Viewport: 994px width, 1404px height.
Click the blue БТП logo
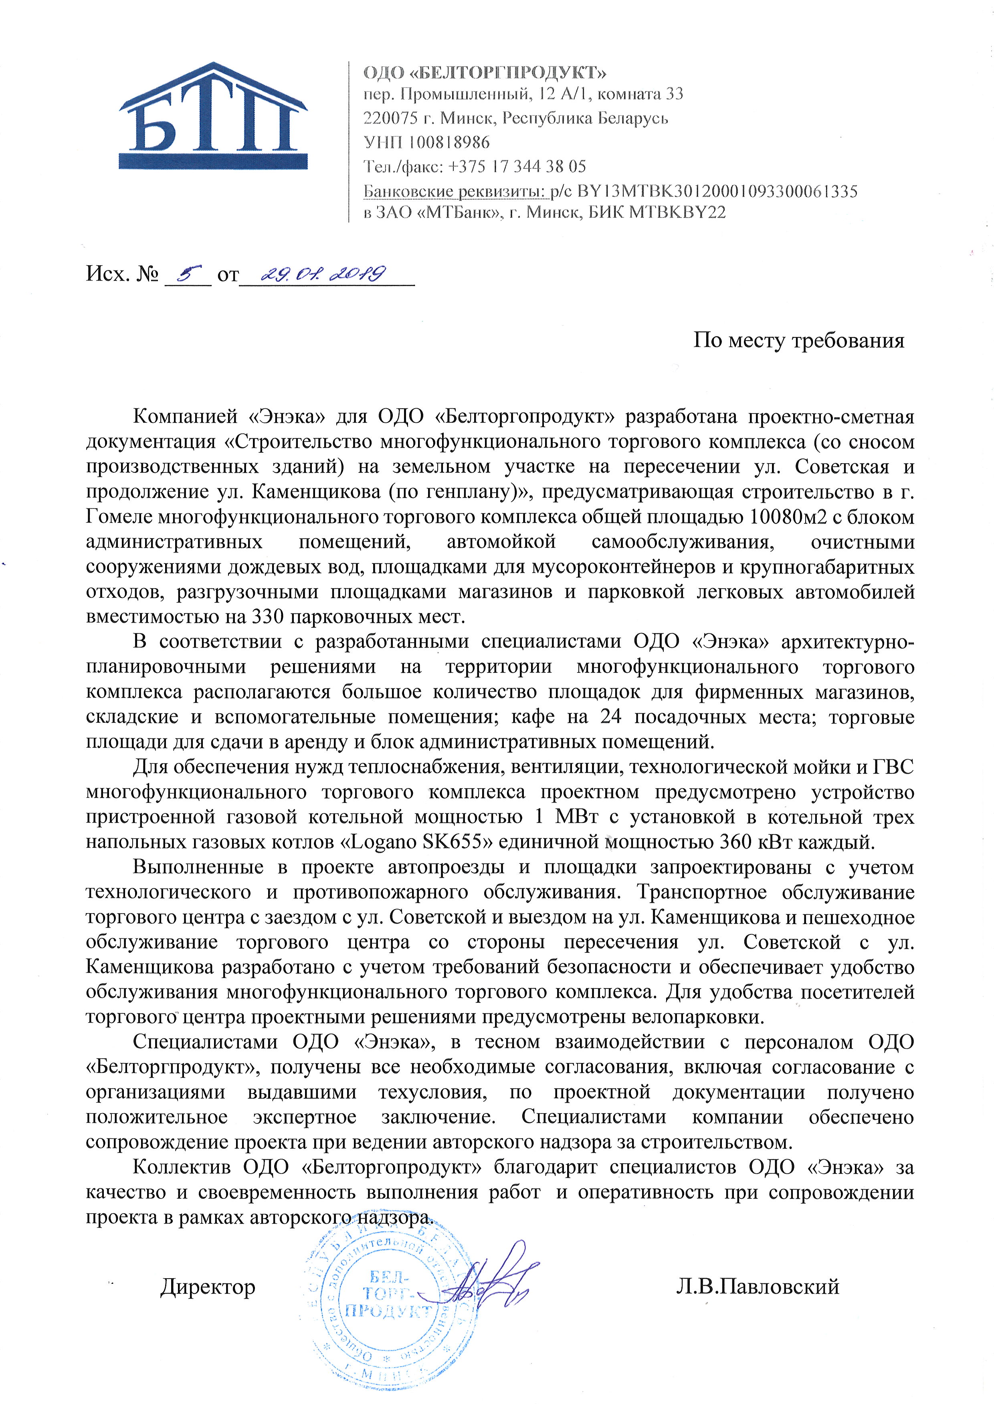pos(213,116)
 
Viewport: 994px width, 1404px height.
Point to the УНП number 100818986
pos(449,143)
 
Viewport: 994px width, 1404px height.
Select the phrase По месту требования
pos(798,340)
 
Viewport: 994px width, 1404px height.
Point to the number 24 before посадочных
pos(610,716)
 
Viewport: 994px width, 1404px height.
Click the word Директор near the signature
pos(208,1287)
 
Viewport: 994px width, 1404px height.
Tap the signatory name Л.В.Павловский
pos(757,1287)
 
